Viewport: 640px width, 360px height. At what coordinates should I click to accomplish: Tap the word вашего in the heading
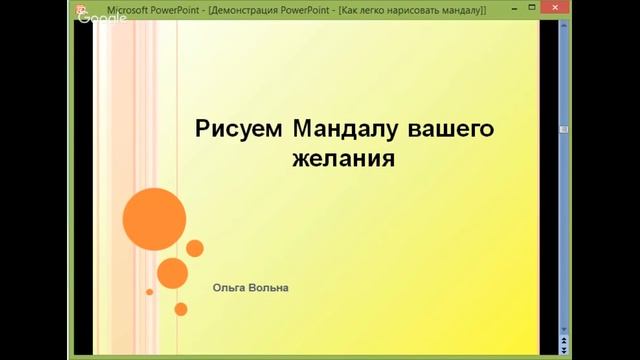[453, 129]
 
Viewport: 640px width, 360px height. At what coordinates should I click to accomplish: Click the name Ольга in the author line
[227, 288]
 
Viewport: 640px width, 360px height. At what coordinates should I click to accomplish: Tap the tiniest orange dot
[150, 292]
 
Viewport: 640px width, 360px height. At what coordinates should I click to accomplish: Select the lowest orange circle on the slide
[181, 309]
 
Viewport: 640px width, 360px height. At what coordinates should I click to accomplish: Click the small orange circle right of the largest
[195, 248]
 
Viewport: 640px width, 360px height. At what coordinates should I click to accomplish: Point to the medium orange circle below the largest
[172, 272]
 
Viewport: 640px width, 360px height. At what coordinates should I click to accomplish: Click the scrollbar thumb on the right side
[564, 130]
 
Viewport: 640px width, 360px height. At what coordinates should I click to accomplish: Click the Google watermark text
[94, 20]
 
